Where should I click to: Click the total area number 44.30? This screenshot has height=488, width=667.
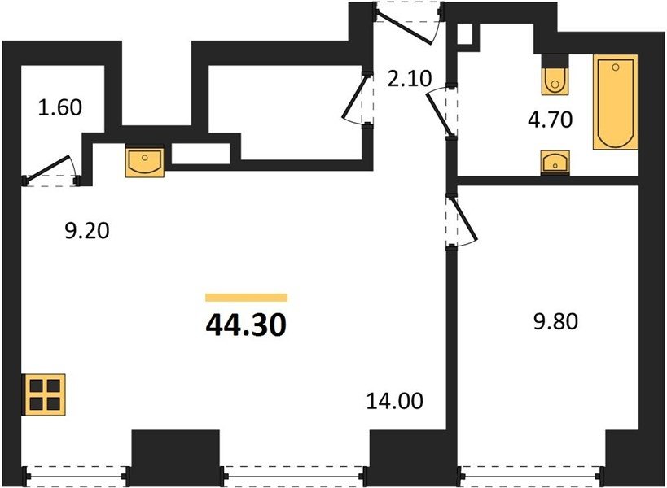pos(246,325)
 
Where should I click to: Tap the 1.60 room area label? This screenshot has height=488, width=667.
pos(60,107)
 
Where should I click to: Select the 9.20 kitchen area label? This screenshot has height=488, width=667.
pos(87,231)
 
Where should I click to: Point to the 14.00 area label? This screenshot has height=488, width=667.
pos(395,401)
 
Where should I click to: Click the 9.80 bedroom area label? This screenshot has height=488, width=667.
pos(555,321)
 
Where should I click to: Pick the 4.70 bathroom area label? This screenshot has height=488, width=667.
pos(550,120)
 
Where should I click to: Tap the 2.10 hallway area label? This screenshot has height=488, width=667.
pos(410,79)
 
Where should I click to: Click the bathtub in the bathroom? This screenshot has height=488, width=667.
pos(616,102)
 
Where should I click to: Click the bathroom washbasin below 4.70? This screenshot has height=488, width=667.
pos(555,162)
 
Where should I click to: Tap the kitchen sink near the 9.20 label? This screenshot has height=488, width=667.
pos(145,160)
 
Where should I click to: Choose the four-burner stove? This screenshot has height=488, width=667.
pos(44,394)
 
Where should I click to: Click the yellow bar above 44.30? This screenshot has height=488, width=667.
pos(246,298)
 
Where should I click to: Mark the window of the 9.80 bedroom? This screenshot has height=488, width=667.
pos(531,476)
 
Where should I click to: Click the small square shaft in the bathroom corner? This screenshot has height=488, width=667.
pos(465,34)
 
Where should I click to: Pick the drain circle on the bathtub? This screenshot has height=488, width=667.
pos(616,67)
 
